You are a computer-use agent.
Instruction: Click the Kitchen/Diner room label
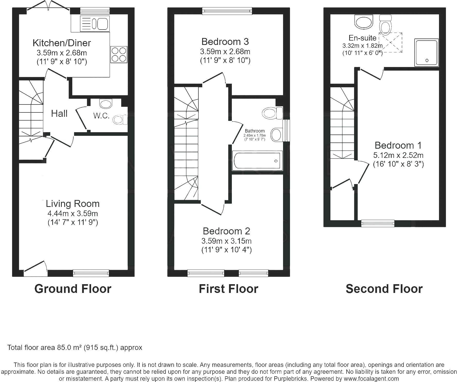point(62,43)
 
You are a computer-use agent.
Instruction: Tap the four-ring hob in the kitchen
point(119,54)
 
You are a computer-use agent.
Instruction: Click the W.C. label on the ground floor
point(101,116)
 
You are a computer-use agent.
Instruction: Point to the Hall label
point(59,113)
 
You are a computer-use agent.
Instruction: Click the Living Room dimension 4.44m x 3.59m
point(73,213)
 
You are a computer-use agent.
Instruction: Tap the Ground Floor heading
point(73,289)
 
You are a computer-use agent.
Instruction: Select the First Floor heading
point(228,289)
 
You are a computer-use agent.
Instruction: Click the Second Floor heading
point(384,289)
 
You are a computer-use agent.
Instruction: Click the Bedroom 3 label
point(225,42)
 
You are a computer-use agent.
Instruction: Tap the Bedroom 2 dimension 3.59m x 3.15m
point(226,241)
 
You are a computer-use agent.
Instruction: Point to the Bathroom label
point(255,131)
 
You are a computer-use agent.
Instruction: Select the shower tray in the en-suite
point(426,52)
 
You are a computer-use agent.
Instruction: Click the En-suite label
point(363,38)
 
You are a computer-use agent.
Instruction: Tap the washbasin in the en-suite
point(364,22)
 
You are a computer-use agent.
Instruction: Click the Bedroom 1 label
point(398,145)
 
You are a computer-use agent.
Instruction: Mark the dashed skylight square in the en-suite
point(391,43)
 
